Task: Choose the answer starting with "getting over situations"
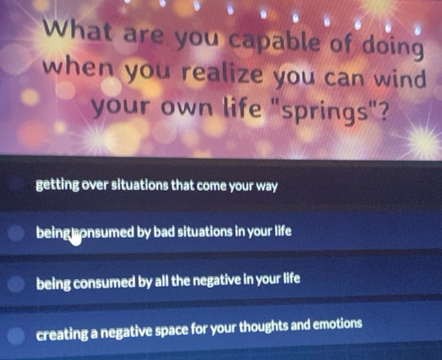pyautogui.click(x=156, y=187)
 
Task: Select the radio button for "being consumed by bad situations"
pyautogui.click(x=16, y=233)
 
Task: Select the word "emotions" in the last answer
pyautogui.click(x=334, y=325)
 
